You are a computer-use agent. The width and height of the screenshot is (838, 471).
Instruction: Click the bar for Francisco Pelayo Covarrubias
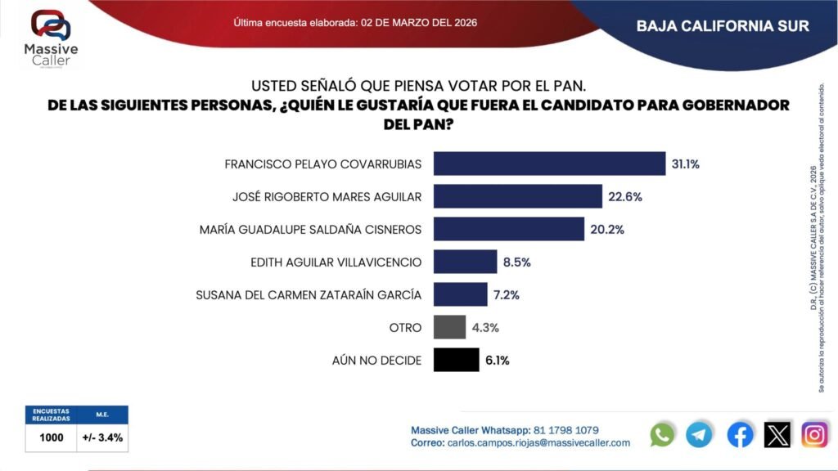pos(549,164)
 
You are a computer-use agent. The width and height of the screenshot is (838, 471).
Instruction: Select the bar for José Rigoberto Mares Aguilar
pos(517,196)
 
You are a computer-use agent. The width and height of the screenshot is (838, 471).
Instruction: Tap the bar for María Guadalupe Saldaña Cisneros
pos(508,229)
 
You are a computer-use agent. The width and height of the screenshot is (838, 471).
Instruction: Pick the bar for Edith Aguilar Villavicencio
pos(465,262)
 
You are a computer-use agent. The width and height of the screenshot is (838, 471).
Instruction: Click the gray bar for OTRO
pos(449,327)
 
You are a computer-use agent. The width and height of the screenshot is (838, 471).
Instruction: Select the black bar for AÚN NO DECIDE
pos(456,360)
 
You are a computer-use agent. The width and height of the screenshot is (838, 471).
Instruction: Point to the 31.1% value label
pos(685,164)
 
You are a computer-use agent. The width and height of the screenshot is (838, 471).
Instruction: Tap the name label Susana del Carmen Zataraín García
pos(309,294)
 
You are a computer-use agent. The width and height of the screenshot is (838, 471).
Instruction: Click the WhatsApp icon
pos(662,434)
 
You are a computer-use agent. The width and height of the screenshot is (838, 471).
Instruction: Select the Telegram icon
pos(700,434)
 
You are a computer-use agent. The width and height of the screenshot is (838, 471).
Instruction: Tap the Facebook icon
pos(740,434)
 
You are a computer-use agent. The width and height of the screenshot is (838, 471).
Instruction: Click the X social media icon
pos(777,434)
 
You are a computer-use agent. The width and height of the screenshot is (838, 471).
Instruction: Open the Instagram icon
pos(814,434)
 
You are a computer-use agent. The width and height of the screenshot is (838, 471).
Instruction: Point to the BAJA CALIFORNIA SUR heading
pos(723,25)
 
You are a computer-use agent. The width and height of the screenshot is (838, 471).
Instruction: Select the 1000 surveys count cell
pos(52,437)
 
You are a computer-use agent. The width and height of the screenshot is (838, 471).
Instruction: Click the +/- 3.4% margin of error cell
pos(102,437)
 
